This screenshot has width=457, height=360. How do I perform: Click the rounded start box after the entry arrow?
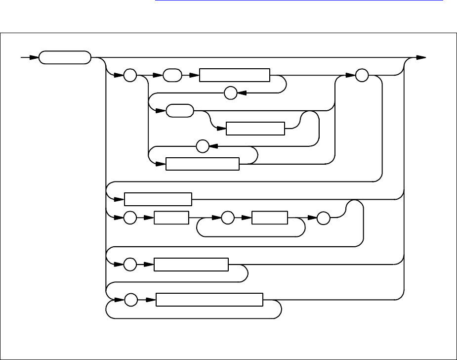pyautogui.click(x=65, y=57)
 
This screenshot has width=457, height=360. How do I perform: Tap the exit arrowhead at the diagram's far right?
pyautogui.click(x=421, y=57)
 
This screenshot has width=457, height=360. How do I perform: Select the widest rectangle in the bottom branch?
pyautogui.click(x=209, y=300)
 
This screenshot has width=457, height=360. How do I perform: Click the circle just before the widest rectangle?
pyautogui.click(x=130, y=300)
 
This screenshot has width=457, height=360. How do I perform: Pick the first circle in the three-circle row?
pyautogui.click(x=130, y=218)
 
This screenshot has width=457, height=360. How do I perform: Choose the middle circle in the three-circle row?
pyautogui.click(x=228, y=218)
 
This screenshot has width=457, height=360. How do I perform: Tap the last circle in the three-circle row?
pyautogui.click(x=322, y=218)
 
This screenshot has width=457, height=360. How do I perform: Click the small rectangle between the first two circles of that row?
pyautogui.click(x=171, y=218)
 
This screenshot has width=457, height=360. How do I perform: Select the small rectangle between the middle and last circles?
pyautogui.click(x=269, y=218)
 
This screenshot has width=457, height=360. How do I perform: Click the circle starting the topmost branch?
pyautogui.click(x=130, y=75)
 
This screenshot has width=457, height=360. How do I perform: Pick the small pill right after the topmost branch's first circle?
pyautogui.click(x=171, y=75)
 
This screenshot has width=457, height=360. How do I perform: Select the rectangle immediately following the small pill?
pyautogui.click(x=234, y=75)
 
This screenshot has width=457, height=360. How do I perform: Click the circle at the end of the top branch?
pyautogui.click(x=362, y=75)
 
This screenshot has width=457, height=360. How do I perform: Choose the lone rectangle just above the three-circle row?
pyautogui.click(x=158, y=199)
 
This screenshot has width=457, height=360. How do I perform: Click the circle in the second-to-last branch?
pyautogui.click(x=130, y=265)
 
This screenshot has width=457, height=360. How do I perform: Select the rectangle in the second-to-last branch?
pyautogui.click(x=191, y=265)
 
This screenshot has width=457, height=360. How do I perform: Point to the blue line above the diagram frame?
pyautogui.click(x=299, y=13)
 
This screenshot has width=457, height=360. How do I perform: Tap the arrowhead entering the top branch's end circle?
pyautogui.click(x=351, y=75)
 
